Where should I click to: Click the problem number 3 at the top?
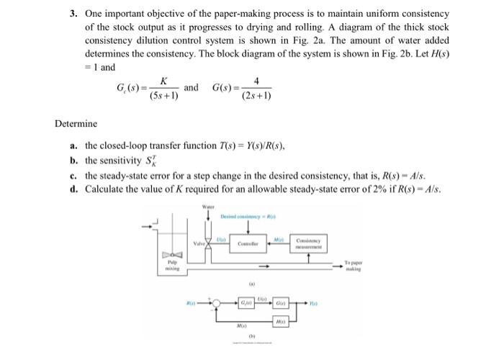[73, 14]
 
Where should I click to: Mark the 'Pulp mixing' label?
[171, 268]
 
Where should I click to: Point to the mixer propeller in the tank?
[170, 255]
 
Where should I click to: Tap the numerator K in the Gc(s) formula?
[164, 81]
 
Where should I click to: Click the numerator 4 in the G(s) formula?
[256, 81]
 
